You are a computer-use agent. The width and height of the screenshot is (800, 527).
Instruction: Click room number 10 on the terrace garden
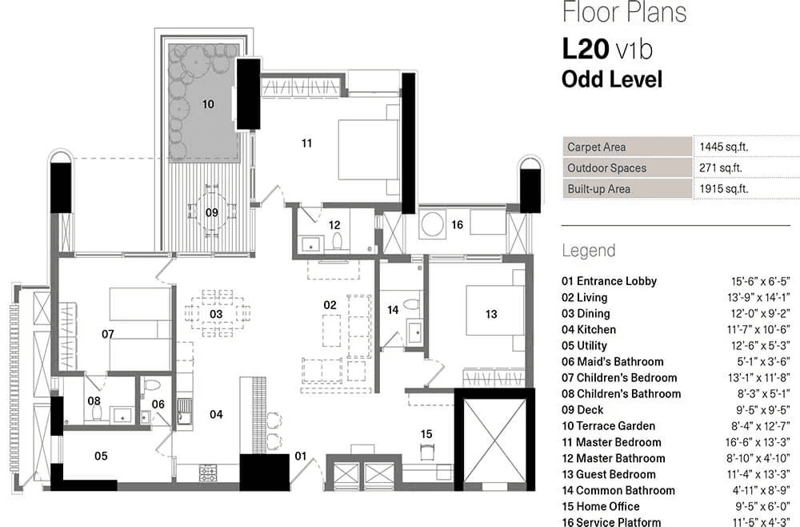click(x=208, y=104)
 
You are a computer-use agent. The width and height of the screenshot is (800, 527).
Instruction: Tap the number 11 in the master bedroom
click(x=306, y=143)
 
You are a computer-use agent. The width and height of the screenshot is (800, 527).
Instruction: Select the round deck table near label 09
click(x=212, y=211)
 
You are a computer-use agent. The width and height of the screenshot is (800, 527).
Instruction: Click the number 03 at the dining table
click(x=216, y=314)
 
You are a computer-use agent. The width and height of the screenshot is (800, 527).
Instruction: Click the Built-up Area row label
click(x=598, y=189)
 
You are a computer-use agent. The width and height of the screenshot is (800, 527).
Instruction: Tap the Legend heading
click(x=589, y=251)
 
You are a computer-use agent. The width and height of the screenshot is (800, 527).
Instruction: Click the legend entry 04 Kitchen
click(x=589, y=329)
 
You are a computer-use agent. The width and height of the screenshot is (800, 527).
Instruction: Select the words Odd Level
click(x=612, y=79)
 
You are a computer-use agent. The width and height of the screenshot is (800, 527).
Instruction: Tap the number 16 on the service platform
click(x=457, y=226)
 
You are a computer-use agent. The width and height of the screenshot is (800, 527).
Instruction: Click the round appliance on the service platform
click(x=433, y=224)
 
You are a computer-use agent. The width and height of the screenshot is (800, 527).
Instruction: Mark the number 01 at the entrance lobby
click(x=301, y=457)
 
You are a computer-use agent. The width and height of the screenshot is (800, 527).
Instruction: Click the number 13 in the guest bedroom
click(x=491, y=315)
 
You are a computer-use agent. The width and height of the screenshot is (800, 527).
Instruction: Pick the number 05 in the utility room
click(x=101, y=456)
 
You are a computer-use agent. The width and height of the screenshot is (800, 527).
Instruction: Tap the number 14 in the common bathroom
click(x=393, y=310)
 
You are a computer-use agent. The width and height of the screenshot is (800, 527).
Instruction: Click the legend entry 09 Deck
click(x=585, y=410)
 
